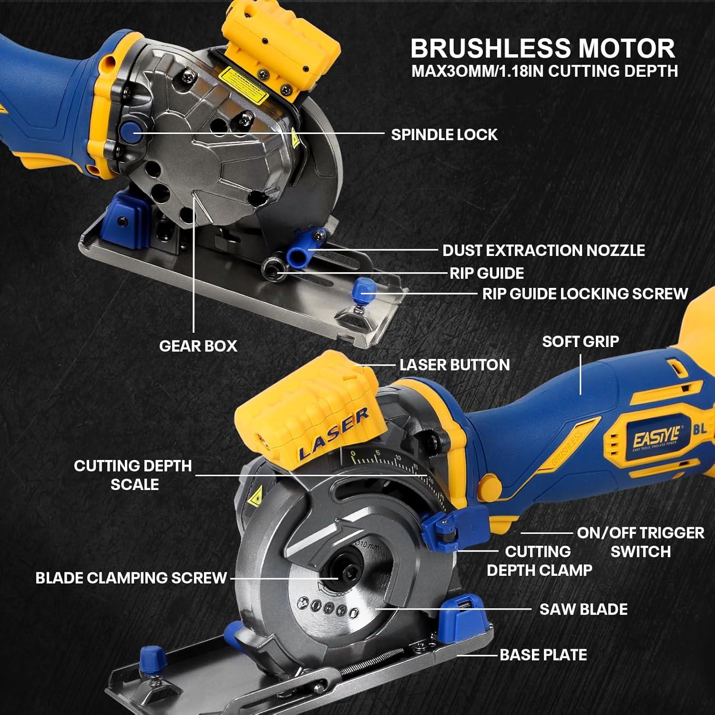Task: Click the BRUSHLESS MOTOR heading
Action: [542, 48]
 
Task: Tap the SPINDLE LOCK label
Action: [444, 135]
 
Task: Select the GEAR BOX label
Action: [198, 346]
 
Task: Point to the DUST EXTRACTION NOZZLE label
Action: [543, 251]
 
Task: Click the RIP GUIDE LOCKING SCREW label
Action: [585, 294]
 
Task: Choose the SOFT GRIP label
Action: [580, 342]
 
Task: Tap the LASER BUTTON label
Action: [454, 365]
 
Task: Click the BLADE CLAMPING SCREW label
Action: [131, 578]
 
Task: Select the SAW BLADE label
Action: [583, 609]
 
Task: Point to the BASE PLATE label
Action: [543, 655]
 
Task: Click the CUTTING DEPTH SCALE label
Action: [133, 475]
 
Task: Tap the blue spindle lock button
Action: [129, 131]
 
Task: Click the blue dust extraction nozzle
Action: [298, 252]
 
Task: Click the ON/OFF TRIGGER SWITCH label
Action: [640, 542]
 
